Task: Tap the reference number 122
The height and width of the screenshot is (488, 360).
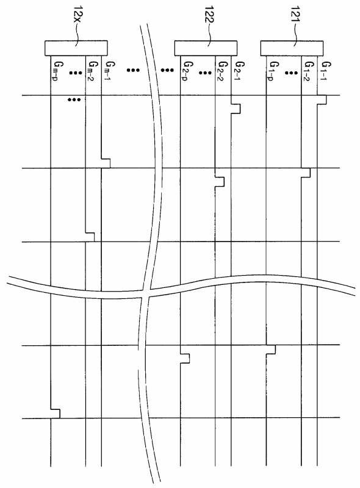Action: pos(210,15)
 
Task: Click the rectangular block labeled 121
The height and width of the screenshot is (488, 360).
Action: pos(292,48)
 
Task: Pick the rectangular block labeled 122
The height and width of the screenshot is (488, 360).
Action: pos(206,48)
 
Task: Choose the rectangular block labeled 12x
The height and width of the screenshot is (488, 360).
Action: pos(76,48)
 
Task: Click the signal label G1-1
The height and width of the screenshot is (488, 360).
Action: pos(326,71)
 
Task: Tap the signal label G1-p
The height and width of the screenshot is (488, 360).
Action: pos(274,71)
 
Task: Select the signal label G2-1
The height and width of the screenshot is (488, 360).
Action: pos(240,71)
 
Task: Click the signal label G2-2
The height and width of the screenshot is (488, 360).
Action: pos(222,71)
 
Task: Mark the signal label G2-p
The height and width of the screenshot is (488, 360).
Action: pos(188,71)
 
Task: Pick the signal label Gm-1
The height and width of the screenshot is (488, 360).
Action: pos(110,71)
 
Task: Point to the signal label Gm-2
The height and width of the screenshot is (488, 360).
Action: pos(93,71)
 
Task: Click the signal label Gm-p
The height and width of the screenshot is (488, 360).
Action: pos(59,71)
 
